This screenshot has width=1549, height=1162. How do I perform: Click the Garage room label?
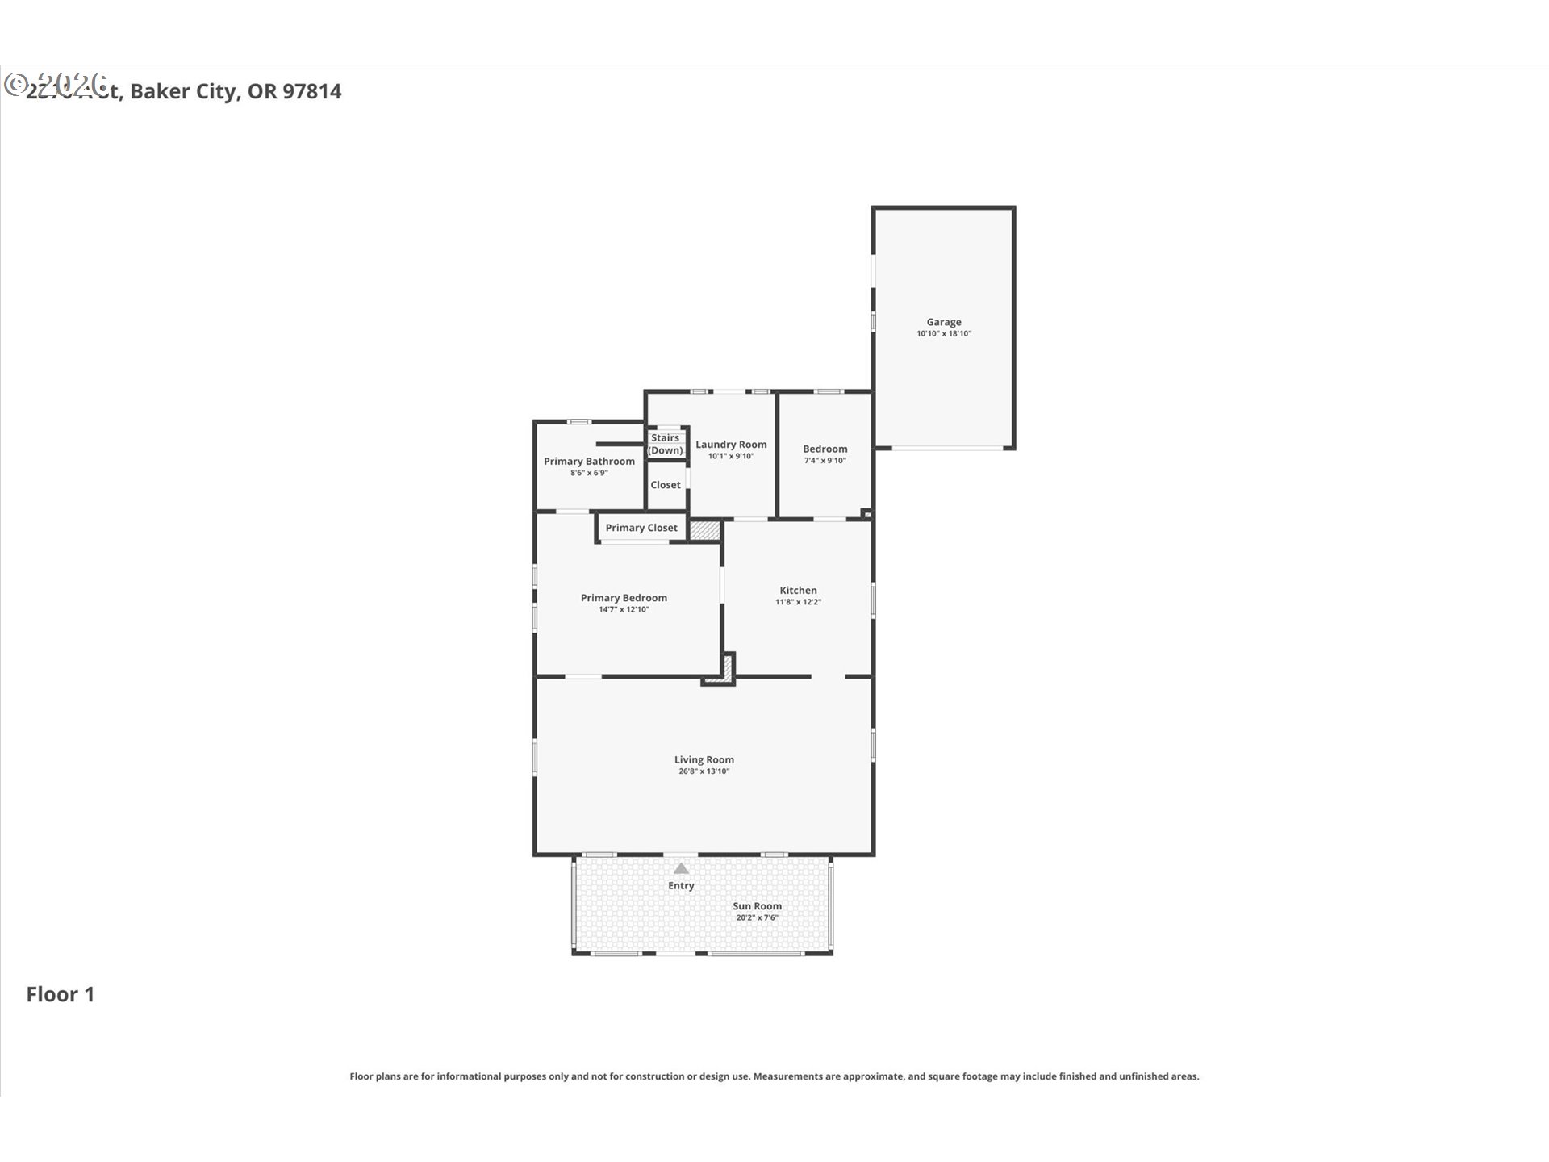tap(943, 322)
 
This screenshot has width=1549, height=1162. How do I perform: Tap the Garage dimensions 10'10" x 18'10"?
tap(943, 334)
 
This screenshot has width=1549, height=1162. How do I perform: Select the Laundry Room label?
tap(731, 445)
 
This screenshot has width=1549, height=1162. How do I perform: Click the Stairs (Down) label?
tap(666, 445)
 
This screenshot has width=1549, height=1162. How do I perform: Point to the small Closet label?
tap(666, 485)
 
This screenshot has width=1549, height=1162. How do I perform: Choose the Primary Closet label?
tap(641, 528)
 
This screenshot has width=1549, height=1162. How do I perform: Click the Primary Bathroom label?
tap(589, 462)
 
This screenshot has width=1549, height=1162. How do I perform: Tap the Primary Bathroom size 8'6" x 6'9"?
tap(589, 474)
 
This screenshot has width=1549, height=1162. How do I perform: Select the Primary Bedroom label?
tap(624, 598)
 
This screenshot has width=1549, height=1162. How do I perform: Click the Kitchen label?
tap(798, 591)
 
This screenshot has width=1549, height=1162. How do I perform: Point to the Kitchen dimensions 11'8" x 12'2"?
tap(798, 602)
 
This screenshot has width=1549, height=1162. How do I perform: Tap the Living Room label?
tap(704, 759)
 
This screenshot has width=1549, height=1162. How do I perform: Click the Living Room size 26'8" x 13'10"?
tap(704, 771)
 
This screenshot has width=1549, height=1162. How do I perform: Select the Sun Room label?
tap(757, 906)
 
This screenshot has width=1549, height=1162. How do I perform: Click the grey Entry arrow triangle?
tap(682, 869)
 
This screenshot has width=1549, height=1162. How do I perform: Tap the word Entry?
tap(681, 886)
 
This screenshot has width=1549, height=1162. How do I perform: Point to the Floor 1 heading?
tap(61, 994)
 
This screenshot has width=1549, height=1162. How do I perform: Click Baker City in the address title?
tap(184, 91)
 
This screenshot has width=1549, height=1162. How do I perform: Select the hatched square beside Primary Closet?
tap(704, 530)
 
